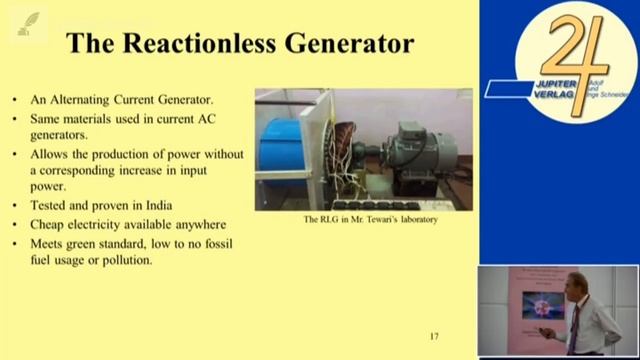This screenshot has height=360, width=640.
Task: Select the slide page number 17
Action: (434, 336)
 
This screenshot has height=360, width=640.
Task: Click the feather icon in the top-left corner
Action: (30, 22)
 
